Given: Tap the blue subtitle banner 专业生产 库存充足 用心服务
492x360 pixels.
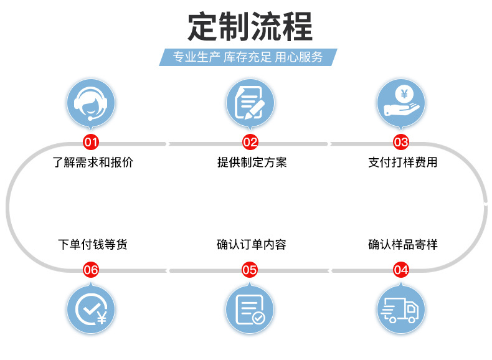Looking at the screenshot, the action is tap(248, 57).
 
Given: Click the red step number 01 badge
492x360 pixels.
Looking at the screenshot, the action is tap(91, 142).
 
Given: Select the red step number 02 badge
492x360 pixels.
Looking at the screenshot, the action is tap(250, 142).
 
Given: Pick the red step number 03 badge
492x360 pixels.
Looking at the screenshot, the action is tap(401, 142).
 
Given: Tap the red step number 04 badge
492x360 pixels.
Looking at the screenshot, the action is tap(401, 270).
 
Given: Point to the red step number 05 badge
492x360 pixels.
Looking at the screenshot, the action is tap(250, 270).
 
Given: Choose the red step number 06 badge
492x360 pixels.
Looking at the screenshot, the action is tap(91, 270).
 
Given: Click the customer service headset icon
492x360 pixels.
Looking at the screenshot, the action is tap(91, 103).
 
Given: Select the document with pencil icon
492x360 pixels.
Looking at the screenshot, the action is tap(250, 103).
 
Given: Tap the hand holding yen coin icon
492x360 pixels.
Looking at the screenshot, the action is tap(401, 103).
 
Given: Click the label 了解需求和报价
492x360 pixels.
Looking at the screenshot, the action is tap(92, 163).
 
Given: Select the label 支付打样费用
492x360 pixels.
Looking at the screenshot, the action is tap(403, 163).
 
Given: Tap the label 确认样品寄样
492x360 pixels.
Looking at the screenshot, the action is tap(403, 245).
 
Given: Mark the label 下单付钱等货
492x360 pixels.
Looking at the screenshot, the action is tap(92, 245).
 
